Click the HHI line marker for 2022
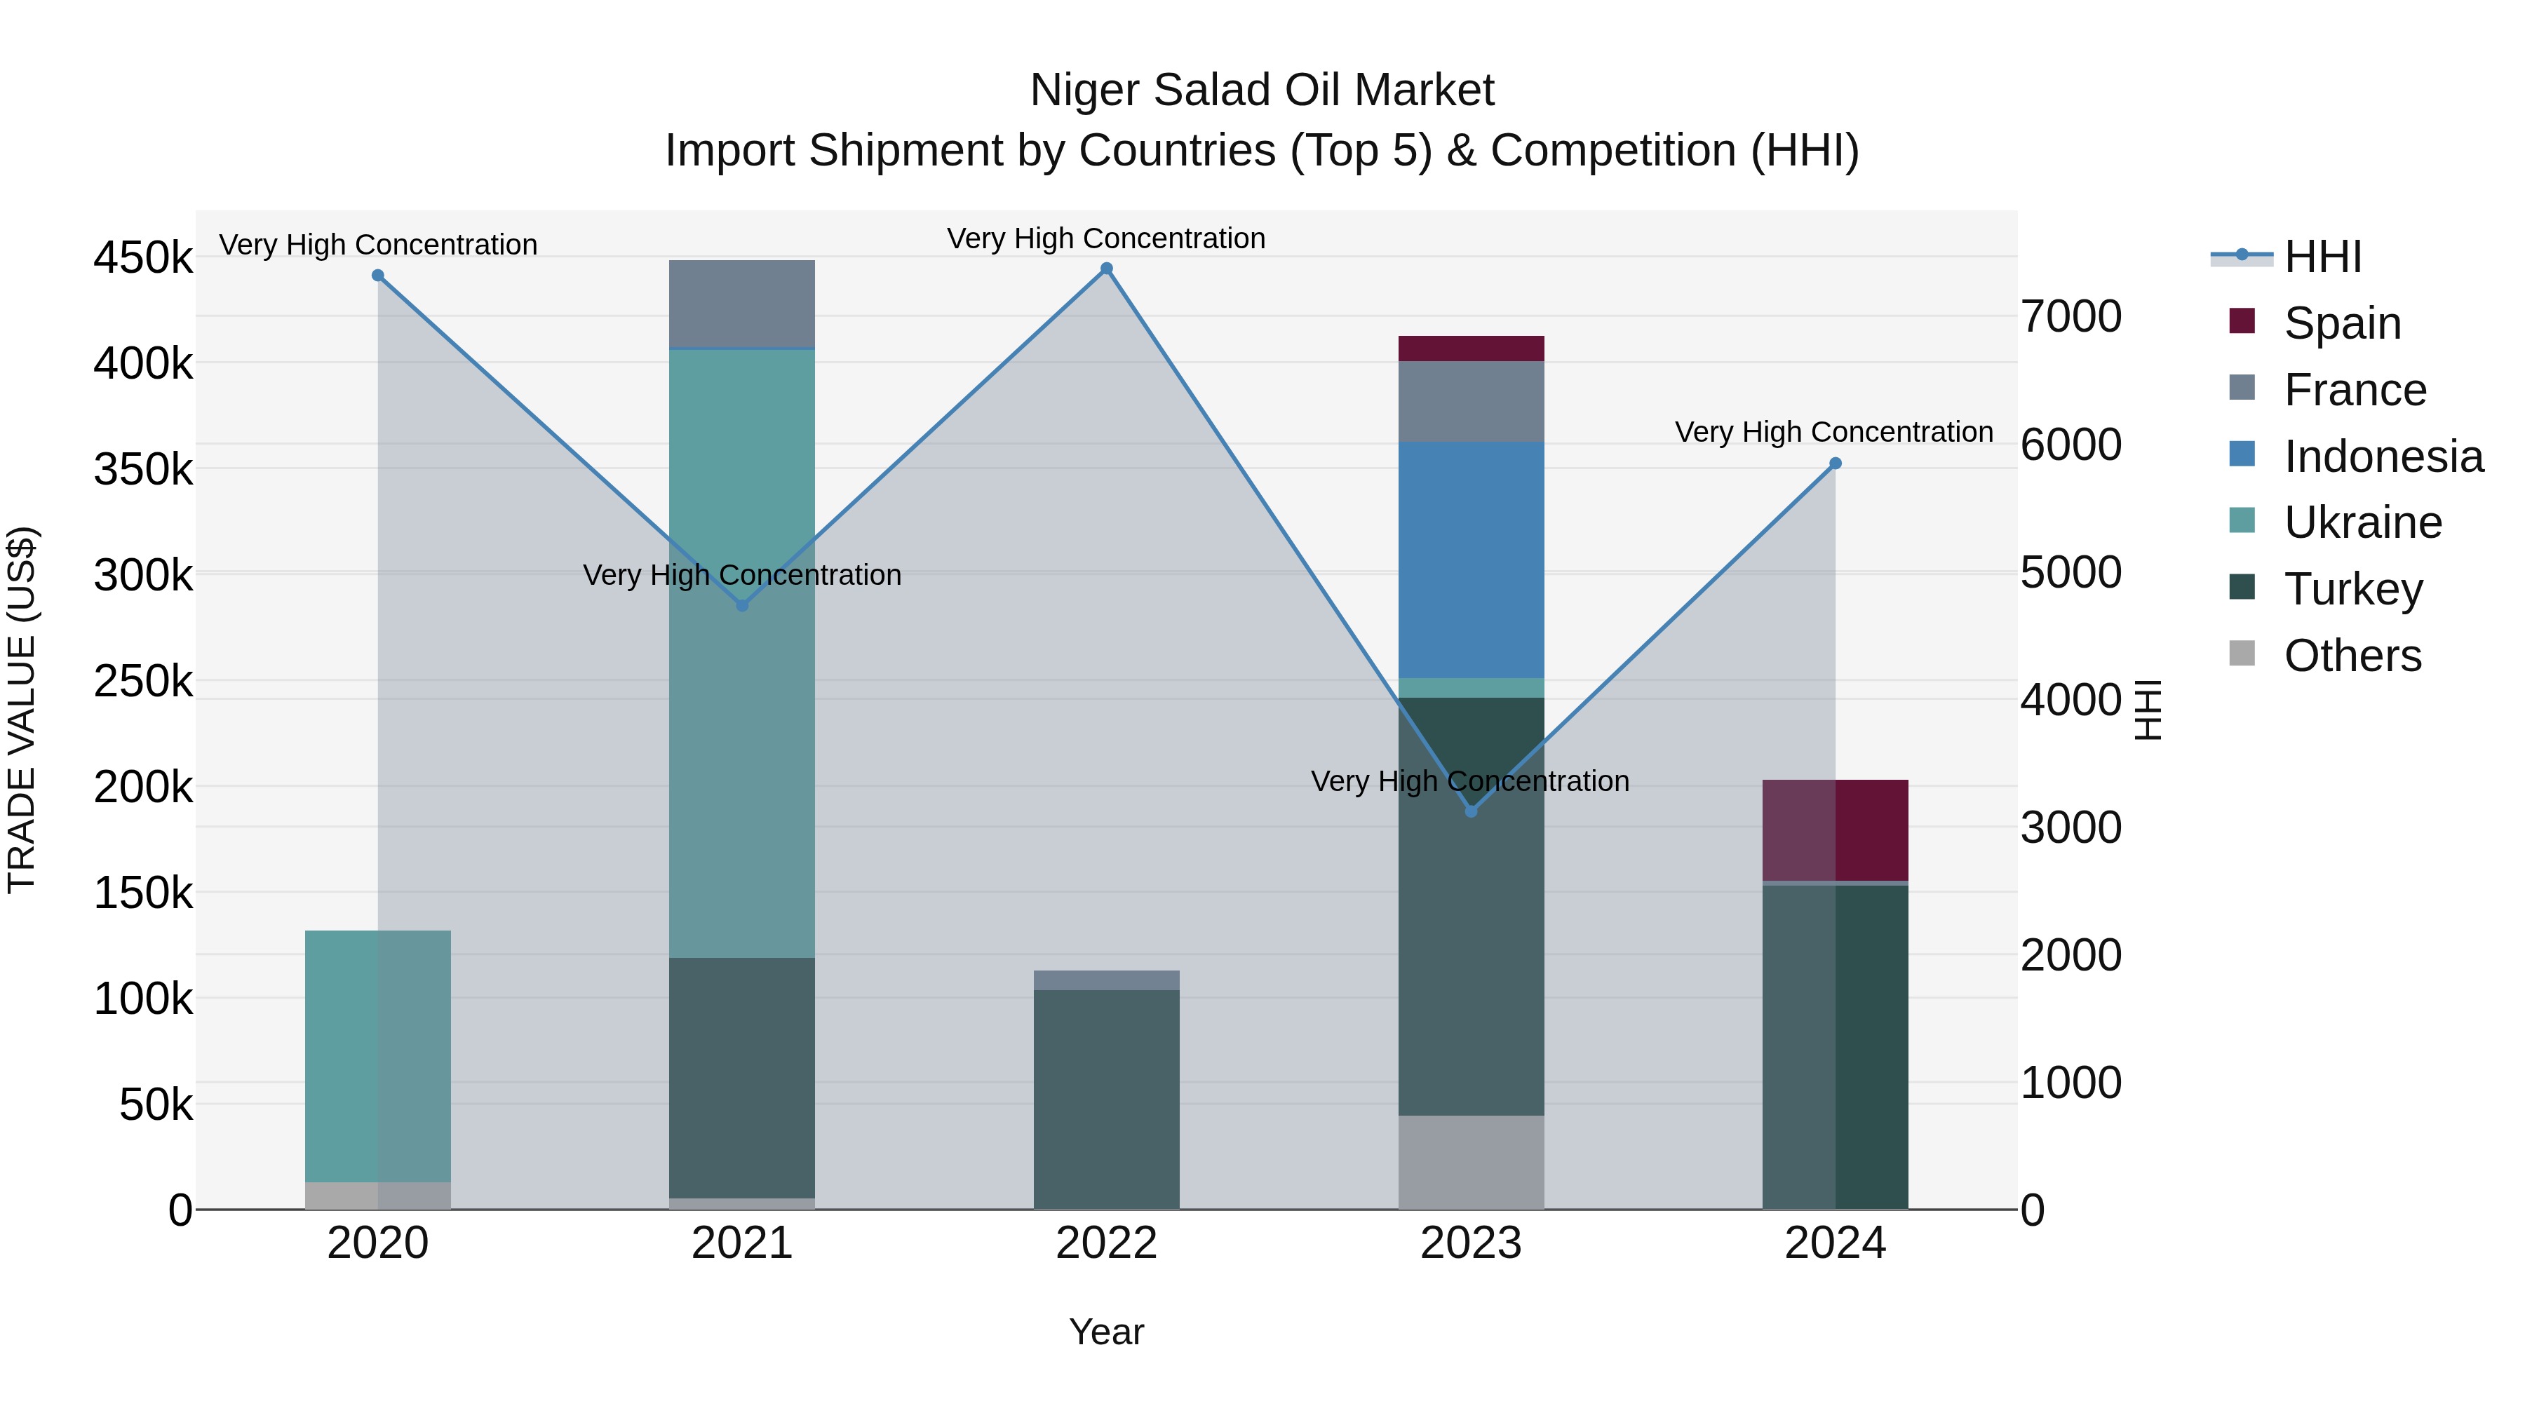(x=1107, y=269)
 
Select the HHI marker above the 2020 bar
(x=378, y=276)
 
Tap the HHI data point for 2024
(x=1835, y=464)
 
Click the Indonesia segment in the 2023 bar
(x=1470, y=560)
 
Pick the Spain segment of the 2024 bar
(x=1835, y=830)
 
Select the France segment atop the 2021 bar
(x=742, y=304)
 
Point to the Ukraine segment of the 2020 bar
(x=378, y=1055)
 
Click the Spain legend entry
(x=2342, y=323)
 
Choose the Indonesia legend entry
(x=2383, y=457)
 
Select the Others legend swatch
(x=2242, y=654)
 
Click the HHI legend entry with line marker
(x=2322, y=257)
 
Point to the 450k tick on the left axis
(x=143, y=259)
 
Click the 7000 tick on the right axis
(x=2071, y=316)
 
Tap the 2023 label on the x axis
(x=1470, y=1243)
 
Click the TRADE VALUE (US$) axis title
(x=22, y=710)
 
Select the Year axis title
(x=1107, y=1332)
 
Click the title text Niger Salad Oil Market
(x=1262, y=90)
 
